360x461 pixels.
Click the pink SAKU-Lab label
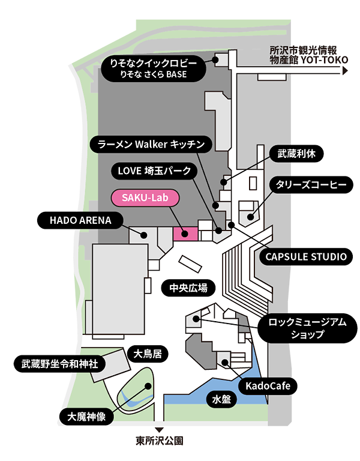coord(145,197)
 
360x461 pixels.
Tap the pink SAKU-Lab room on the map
coord(185,234)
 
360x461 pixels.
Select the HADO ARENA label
coord(80,220)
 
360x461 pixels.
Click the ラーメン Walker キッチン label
coord(151,144)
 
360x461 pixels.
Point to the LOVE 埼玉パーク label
coord(154,171)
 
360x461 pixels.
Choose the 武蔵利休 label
coord(296,154)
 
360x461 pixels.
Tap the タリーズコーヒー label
coord(311,185)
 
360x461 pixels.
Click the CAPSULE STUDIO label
coord(306,257)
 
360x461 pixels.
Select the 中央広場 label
coord(188,288)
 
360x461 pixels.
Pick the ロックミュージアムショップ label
coord(307,328)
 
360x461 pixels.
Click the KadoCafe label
coord(268,386)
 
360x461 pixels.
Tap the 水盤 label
coord(221,400)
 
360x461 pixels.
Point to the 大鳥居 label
coord(148,354)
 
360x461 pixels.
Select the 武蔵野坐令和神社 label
coord(59,364)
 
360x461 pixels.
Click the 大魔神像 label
coord(86,417)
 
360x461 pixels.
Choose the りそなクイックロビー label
coord(154,68)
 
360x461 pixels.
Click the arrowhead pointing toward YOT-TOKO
coord(346,71)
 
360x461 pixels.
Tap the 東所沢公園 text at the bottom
coord(160,441)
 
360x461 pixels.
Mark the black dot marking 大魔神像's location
coord(148,386)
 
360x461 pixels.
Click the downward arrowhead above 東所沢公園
coord(160,430)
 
